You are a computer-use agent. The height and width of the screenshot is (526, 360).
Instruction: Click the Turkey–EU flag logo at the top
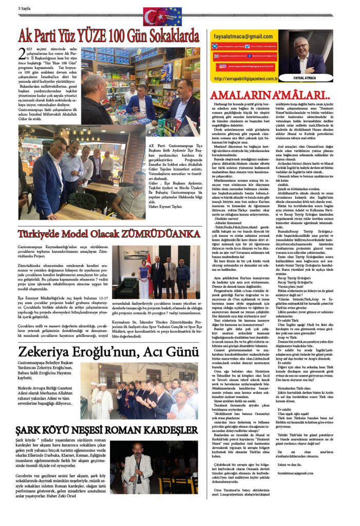click(162, 16)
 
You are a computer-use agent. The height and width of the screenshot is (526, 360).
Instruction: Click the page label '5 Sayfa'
click(26, 9)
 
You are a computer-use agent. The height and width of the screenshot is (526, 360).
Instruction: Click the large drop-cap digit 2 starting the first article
click(21, 54)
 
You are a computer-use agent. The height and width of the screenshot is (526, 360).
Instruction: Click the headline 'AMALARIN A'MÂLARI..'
click(270, 95)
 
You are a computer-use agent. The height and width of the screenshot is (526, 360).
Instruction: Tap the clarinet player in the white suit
click(139, 465)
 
